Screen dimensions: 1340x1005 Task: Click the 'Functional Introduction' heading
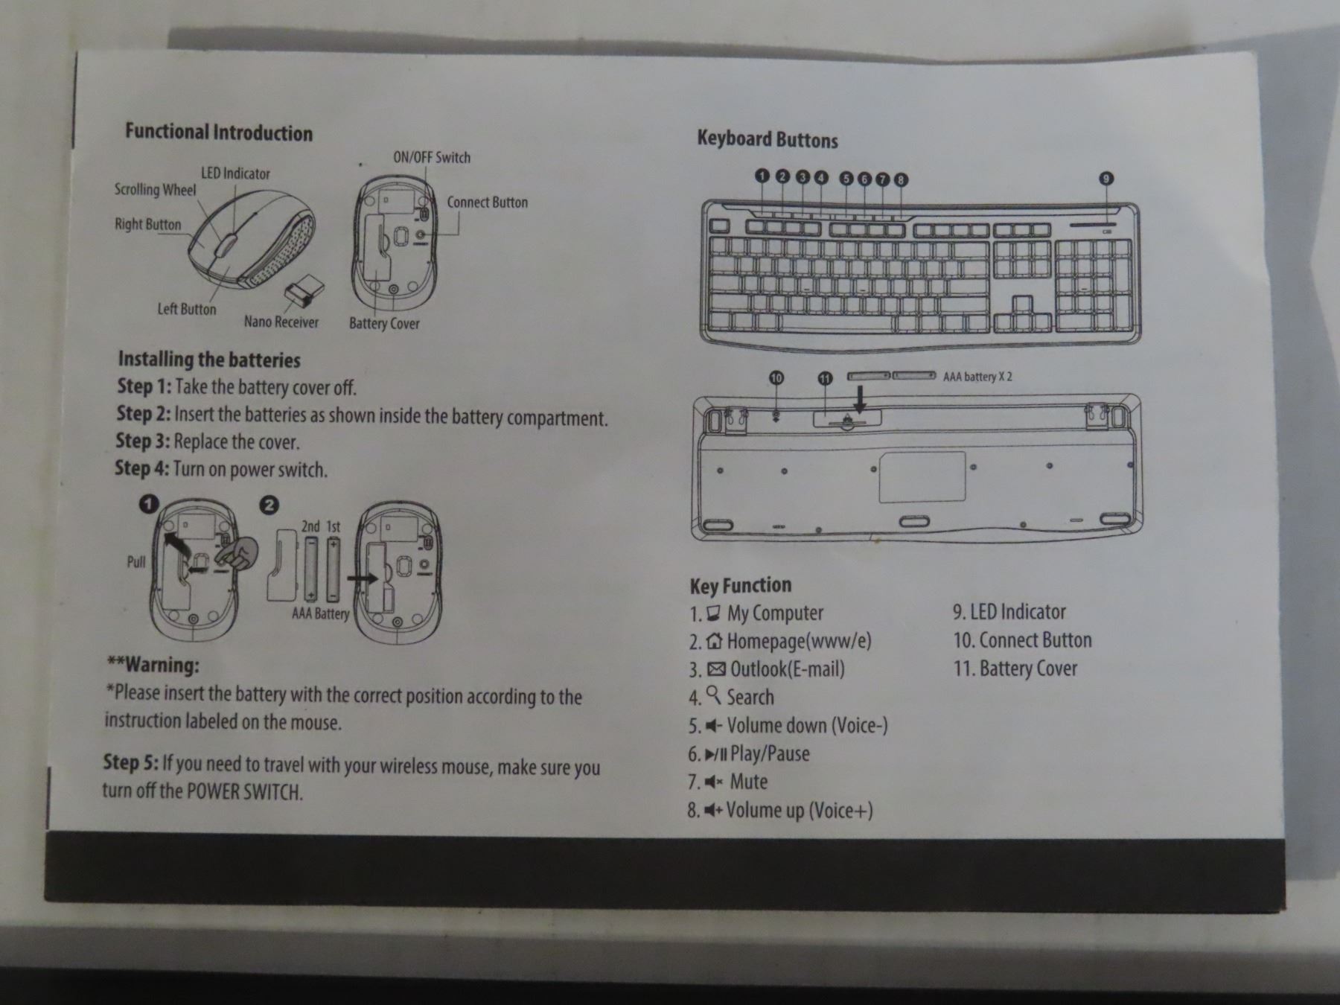(x=219, y=133)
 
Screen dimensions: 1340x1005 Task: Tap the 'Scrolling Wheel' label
(x=155, y=190)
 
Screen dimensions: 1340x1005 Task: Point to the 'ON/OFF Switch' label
(x=432, y=157)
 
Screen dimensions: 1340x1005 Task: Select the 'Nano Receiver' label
(x=281, y=322)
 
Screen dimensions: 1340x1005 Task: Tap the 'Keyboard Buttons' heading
(x=768, y=139)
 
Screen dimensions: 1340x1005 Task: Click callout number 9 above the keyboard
(x=1106, y=178)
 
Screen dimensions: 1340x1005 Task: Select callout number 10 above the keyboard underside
(x=776, y=378)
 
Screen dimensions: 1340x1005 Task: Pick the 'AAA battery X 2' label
(x=977, y=377)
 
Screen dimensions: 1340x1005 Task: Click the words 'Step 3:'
(x=143, y=441)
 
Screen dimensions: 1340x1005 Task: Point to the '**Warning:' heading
(x=153, y=665)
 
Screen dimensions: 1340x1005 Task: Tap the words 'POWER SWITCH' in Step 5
(x=244, y=791)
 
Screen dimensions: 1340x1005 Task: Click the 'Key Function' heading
(x=741, y=585)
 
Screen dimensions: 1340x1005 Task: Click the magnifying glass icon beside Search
(x=714, y=695)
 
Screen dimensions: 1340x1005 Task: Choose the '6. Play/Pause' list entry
(x=748, y=754)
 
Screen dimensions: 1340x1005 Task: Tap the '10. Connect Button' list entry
(x=1022, y=640)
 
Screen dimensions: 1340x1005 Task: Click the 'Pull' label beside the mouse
(x=136, y=561)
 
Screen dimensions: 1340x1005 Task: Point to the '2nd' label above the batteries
(x=310, y=526)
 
